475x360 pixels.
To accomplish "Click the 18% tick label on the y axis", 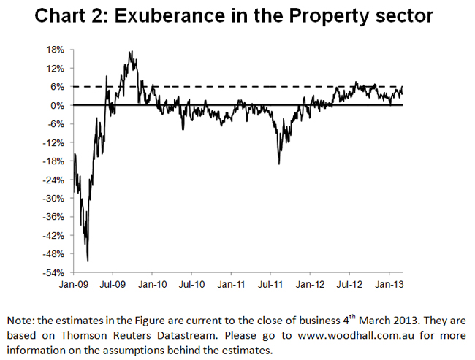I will tap(56, 50).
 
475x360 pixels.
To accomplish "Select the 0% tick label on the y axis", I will tap(58, 105).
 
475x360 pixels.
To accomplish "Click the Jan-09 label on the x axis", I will tap(74, 283).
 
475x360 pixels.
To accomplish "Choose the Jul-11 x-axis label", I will tap(272, 283).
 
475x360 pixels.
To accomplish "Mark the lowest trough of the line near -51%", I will tap(88, 261).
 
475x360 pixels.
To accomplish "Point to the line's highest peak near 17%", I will tap(130, 52).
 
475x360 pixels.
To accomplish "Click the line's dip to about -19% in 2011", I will tap(279, 163).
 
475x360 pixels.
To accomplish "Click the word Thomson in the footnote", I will tap(71, 334).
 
